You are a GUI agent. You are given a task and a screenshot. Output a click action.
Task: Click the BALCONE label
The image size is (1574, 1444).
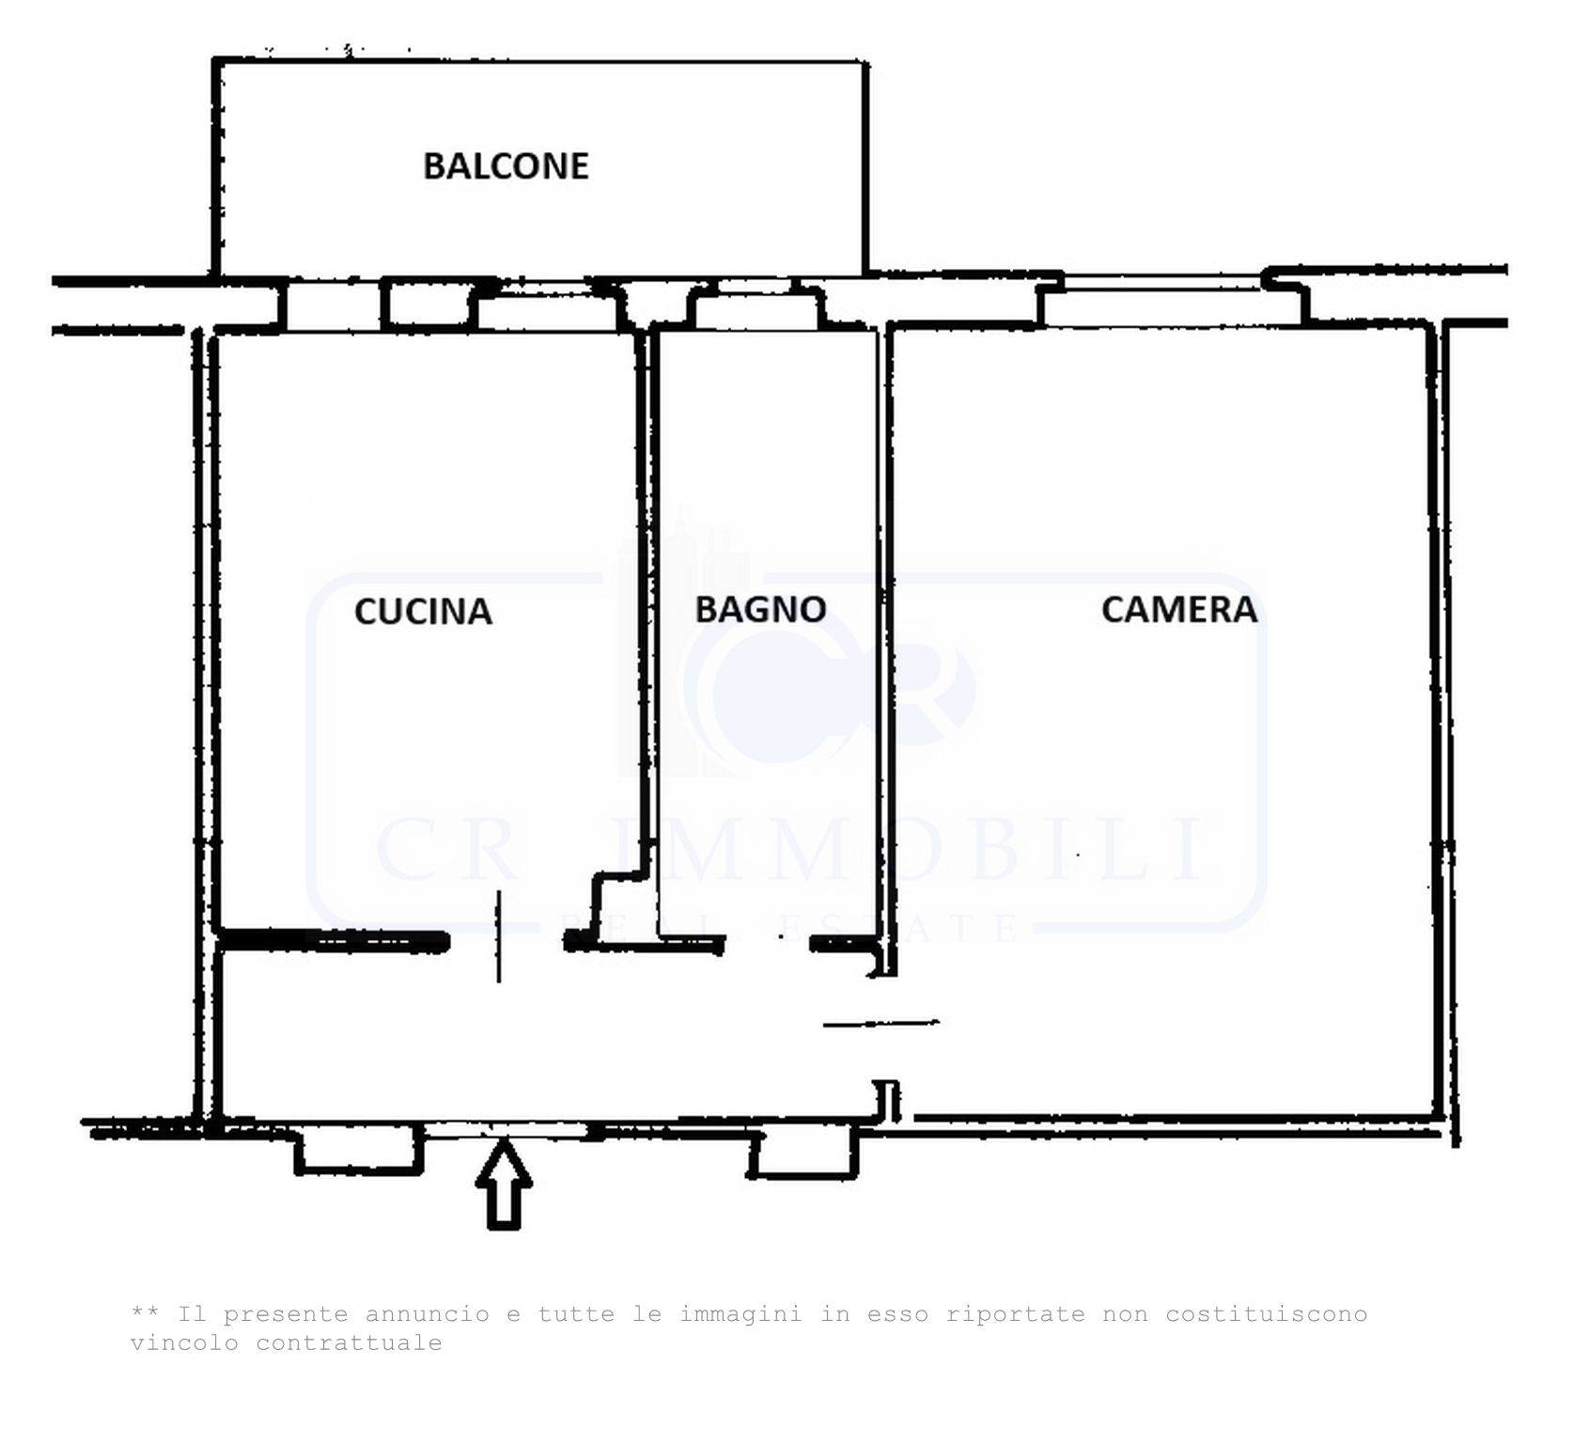(506, 165)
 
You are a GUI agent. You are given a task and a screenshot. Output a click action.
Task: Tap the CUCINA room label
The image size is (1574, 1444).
(423, 611)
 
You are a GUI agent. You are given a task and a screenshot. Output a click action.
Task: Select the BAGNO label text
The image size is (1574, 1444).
(760, 609)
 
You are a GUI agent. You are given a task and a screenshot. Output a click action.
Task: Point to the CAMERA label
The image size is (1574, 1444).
(1178, 609)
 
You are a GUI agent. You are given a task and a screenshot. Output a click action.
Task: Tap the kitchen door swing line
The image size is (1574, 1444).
(498, 936)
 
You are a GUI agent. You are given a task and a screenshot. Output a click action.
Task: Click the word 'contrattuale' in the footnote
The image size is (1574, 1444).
(349, 1342)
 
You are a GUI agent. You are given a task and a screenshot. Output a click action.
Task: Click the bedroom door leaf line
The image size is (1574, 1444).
(881, 1023)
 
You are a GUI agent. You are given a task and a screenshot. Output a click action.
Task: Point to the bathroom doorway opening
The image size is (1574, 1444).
(768, 943)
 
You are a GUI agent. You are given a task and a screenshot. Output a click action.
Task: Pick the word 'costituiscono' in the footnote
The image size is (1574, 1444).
(1266, 1314)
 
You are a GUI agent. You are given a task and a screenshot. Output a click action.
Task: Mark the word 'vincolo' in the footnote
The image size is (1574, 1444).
(184, 1342)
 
